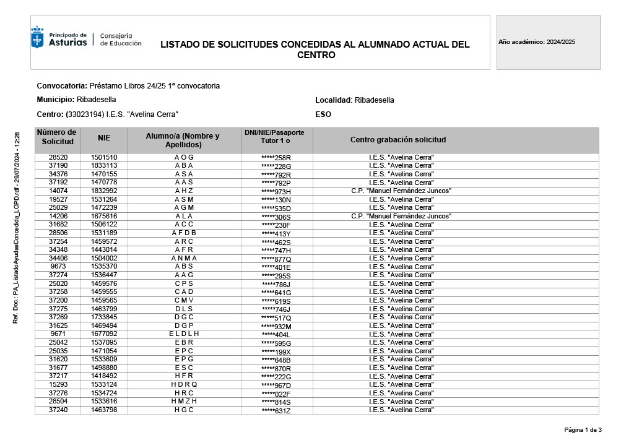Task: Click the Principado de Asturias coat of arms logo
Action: pyautogui.click(x=38, y=38)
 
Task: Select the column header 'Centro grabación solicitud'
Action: pyautogui.click(x=398, y=140)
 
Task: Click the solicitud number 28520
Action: pyautogui.click(x=58, y=157)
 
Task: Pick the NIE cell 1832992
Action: pyautogui.click(x=104, y=191)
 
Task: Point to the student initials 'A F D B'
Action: pyautogui.click(x=184, y=233)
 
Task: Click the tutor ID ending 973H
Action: pyautogui.click(x=276, y=192)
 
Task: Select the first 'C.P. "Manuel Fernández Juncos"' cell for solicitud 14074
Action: pyautogui.click(x=401, y=191)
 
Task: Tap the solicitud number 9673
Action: pyautogui.click(x=59, y=267)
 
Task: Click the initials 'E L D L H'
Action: pyautogui.click(x=184, y=334)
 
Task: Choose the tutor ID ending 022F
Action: pyautogui.click(x=276, y=394)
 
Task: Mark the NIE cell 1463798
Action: pyautogui.click(x=104, y=410)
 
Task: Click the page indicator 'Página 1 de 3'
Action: pyautogui.click(x=583, y=430)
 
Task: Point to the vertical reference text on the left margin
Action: pyautogui.click(x=17, y=226)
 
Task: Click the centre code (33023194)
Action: pyautogui.click(x=85, y=114)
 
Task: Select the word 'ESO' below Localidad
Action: pyautogui.click(x=323, y=114)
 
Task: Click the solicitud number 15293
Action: pyautogui.click(x=58, y=384)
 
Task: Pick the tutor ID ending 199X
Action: pyautogui.click(x=276, y=351)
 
